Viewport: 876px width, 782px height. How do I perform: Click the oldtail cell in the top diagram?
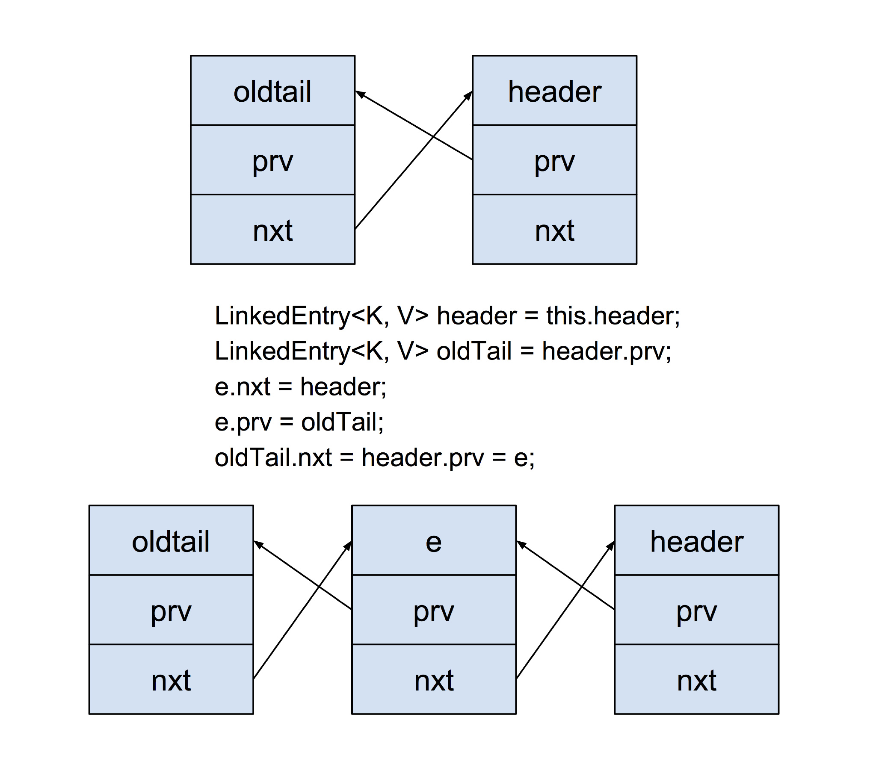(272, 90)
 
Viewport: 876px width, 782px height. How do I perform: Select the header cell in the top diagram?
(554, 90)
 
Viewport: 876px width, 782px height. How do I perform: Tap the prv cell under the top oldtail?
(272, 160)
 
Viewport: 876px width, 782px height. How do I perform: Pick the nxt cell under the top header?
(554, 230)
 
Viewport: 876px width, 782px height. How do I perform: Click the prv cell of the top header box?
(554, 160)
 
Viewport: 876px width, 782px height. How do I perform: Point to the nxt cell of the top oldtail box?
(272, 230)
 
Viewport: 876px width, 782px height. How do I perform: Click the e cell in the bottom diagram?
(434, 540)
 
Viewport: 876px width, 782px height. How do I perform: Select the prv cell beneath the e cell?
(434, 610)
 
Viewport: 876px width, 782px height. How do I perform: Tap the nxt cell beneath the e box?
(434, 679)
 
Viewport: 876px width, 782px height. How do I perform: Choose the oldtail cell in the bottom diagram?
(171, 540)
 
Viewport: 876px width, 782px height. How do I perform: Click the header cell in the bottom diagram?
(697, 540)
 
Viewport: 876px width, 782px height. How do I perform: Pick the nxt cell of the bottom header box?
(697, 679)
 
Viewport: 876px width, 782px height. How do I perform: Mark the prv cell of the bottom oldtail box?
(171, 610)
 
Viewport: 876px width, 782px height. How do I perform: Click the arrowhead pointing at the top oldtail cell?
(359, 93)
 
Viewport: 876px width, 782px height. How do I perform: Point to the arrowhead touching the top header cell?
(469, 95)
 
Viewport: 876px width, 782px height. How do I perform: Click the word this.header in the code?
(613, 316)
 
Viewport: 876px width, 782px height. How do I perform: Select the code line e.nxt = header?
(300, 387)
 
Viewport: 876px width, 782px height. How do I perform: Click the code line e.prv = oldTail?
(299, 422)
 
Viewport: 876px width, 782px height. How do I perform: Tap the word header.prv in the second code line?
(606, 351)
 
